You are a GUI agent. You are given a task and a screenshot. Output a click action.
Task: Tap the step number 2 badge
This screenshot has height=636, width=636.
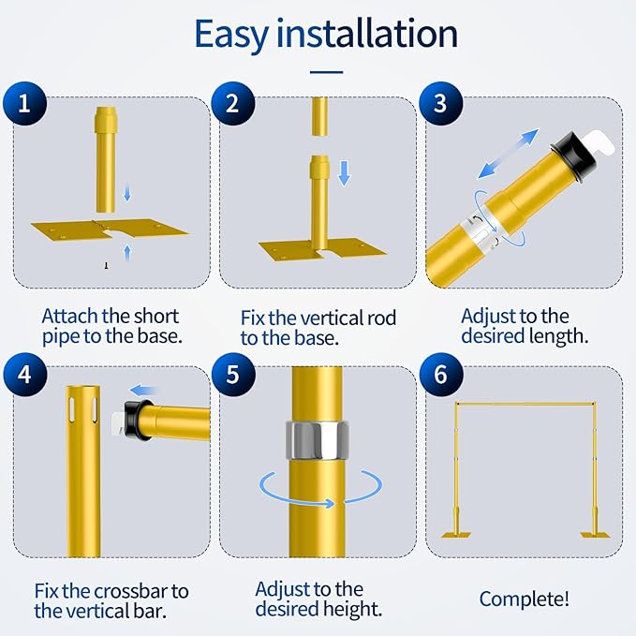[232, 104]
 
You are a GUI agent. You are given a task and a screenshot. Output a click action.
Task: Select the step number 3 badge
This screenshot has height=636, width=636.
[440, 104]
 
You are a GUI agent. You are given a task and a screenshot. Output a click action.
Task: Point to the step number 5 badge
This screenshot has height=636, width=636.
[232, 374]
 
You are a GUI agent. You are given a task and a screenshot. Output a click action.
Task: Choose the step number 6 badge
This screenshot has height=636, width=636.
[440, 374]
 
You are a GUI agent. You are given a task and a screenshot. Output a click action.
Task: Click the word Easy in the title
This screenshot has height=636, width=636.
[235, 35]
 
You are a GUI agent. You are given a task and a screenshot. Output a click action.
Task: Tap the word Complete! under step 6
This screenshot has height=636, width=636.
[524, 599]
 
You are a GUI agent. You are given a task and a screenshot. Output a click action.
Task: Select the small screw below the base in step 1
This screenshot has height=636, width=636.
[107, 267]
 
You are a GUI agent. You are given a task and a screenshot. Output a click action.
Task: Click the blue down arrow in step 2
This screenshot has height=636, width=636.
[343, 173]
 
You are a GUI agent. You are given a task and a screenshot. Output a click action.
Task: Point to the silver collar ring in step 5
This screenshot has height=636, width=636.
[316, 439]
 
